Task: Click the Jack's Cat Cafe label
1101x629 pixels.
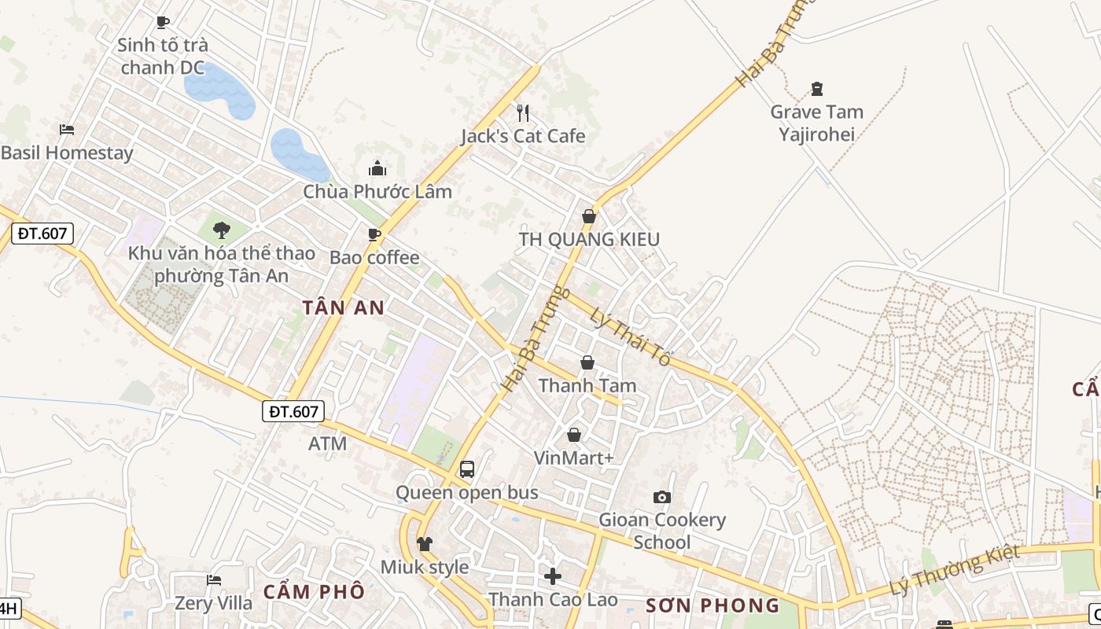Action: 523,136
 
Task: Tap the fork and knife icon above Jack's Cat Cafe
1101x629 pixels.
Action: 523,112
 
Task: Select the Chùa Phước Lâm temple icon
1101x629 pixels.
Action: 377,168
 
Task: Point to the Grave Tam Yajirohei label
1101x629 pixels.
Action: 816,123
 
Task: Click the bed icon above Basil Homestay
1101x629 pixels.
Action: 67,129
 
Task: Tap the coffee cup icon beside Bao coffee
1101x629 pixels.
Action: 374,234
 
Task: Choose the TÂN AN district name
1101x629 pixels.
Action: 344,307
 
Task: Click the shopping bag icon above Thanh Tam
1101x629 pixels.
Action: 587,362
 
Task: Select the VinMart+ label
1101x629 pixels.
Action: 573,458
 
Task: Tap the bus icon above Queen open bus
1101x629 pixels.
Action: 466,469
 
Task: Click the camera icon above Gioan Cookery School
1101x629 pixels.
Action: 662,497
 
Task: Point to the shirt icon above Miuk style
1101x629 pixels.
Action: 425,544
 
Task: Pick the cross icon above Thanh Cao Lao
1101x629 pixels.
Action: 553,576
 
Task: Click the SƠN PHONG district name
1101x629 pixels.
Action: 713,605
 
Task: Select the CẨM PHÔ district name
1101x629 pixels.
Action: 314,591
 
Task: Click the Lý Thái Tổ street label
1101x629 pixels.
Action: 630,336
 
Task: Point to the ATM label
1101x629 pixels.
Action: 327,443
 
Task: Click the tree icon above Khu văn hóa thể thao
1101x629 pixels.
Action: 222,230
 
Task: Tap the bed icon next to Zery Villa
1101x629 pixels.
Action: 214,580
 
